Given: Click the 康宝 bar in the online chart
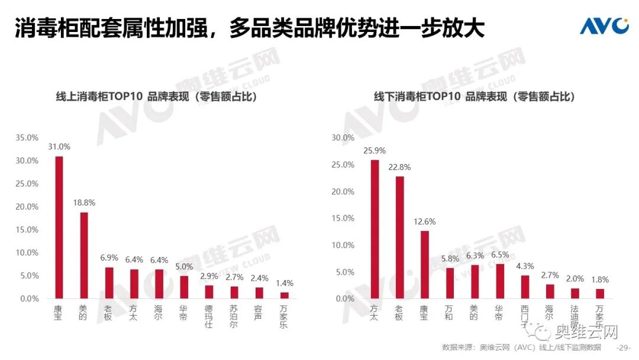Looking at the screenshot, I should point(59,227).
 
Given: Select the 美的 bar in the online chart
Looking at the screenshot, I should point(84,255).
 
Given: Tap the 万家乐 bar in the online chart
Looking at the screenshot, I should point(285,295).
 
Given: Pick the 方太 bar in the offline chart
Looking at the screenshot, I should point(375,229).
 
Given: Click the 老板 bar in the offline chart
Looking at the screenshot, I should point(400,237).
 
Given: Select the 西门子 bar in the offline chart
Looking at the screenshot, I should point(525,287).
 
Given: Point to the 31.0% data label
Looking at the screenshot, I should point(59,147).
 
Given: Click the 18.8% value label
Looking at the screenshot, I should point(84,202).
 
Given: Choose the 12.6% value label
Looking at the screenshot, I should point(425,221).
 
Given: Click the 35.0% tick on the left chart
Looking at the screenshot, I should point(27,137).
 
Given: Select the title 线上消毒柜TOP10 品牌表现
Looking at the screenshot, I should point(153,97).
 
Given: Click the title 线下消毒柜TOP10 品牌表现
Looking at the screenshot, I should point(475,97).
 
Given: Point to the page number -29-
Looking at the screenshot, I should point(624,348).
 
